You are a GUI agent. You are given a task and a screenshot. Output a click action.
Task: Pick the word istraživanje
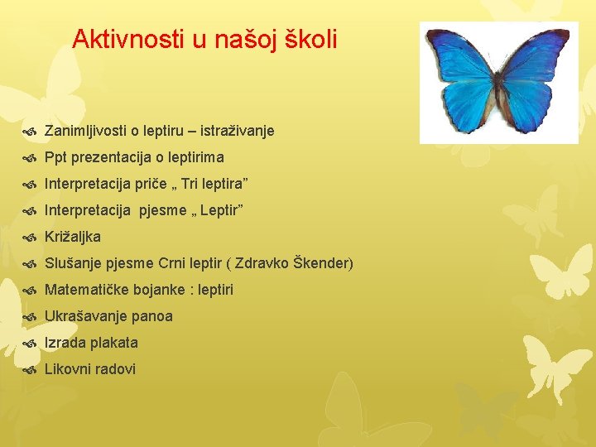point(234,131)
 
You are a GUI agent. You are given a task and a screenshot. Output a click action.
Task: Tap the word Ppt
point(55,157)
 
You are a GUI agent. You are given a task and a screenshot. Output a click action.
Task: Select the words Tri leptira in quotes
point(213,184)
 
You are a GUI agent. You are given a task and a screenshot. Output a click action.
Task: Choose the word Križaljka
point(73,237)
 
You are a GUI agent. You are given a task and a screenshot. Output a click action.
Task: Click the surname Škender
point(321,263)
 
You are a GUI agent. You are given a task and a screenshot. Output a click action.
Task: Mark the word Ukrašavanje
point(85,316)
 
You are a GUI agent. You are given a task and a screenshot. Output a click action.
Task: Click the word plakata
point(114,343)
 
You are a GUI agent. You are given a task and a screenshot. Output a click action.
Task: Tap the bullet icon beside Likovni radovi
point(30,370)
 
